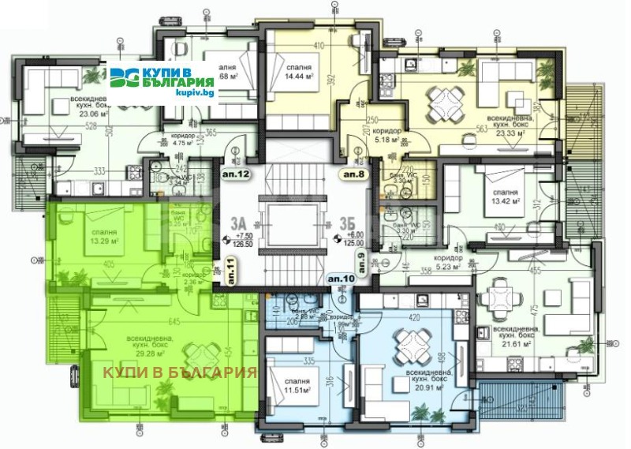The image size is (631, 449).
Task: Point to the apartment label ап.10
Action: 342,279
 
